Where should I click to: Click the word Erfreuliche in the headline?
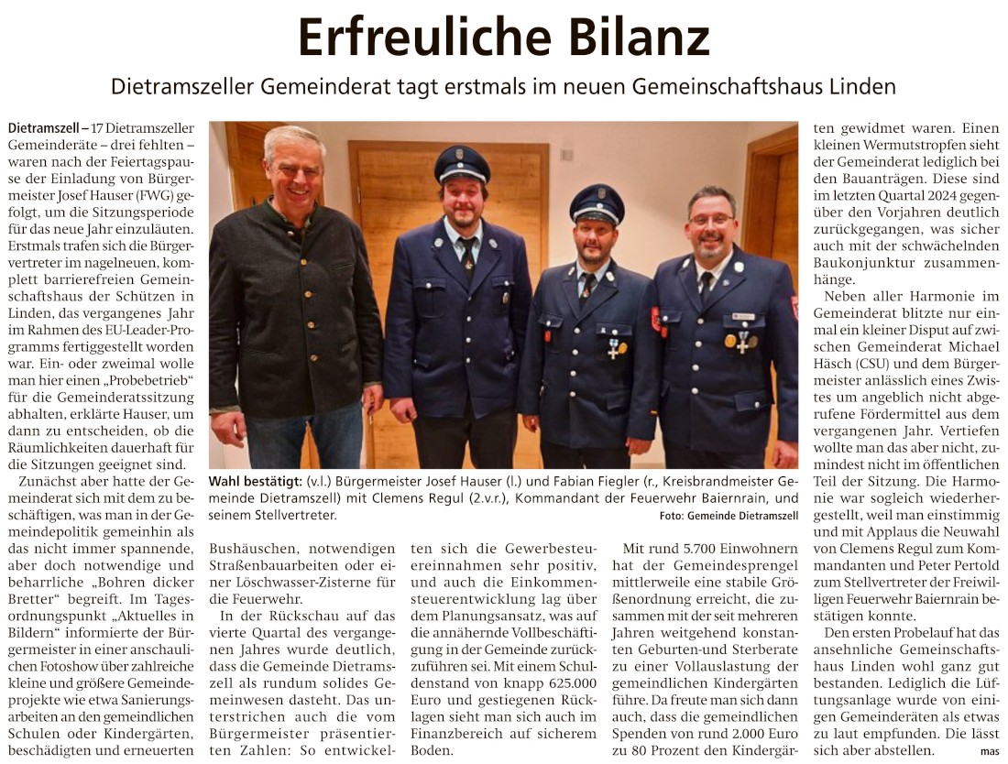tap(399, 38)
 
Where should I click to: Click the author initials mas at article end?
tap(989, 751)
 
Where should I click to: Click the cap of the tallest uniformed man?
tap(462, 163)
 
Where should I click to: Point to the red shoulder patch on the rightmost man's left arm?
tap(794, 307)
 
